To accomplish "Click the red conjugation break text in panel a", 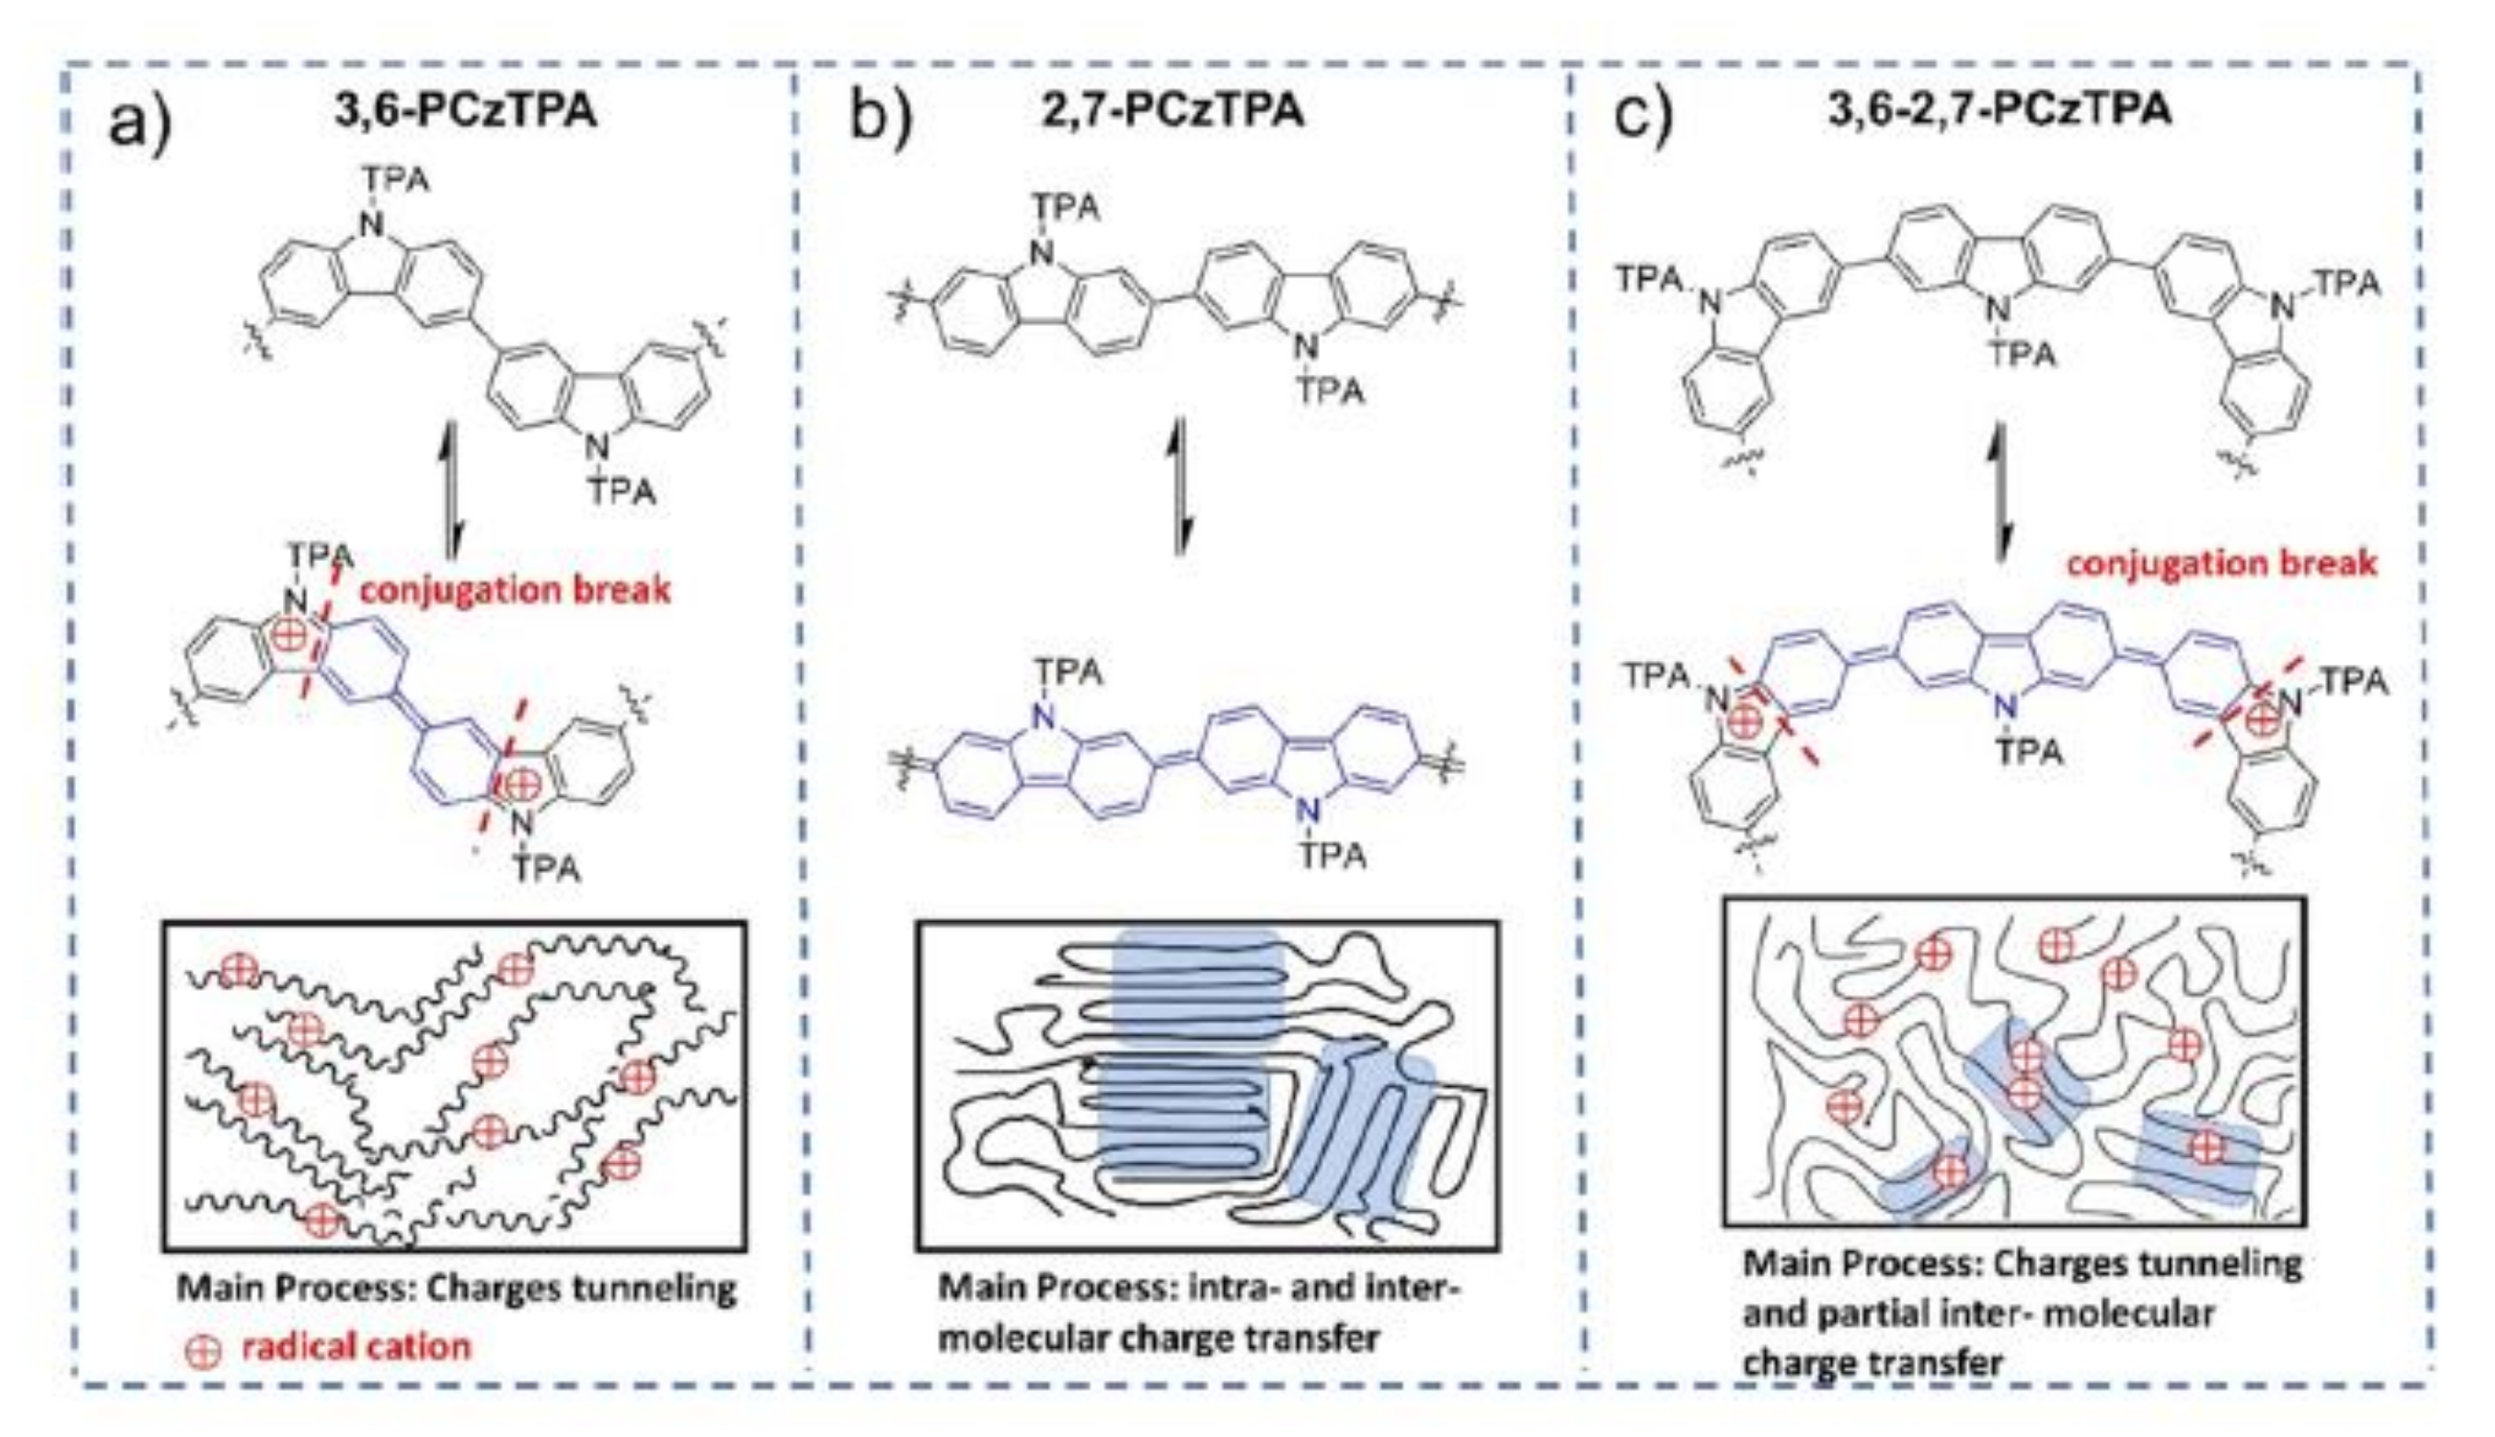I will click(514, 590).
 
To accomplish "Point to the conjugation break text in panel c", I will click(2222, 564).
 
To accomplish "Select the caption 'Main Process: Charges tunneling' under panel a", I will click(456, 1288).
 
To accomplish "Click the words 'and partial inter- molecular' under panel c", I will click(1978, 1315).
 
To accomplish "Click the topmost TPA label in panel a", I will click(395, 179).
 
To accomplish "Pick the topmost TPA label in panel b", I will click(1066, 208).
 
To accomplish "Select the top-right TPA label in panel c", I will click(2346, 284).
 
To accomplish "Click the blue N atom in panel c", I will click(2004, 708).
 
